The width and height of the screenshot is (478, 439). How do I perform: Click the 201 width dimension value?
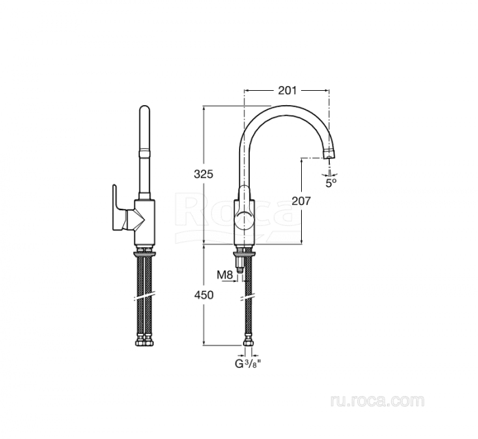(287, 90)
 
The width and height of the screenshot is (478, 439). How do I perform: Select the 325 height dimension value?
(203, 174)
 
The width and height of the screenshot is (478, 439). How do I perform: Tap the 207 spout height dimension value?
(301, 201)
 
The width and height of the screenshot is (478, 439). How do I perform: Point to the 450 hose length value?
(203, 295)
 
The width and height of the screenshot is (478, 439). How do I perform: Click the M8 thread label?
(225, 274)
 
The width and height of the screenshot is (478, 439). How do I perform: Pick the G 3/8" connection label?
(248, 363)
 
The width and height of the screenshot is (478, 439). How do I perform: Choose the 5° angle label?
(331, 183)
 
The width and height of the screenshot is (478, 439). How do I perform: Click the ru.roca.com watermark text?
(377, 400)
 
